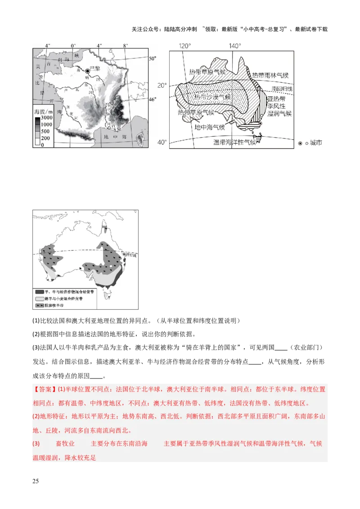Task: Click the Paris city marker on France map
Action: point(87,70)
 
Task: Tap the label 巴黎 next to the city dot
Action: point(94,68)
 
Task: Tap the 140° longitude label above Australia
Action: point(235,46)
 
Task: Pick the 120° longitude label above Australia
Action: point(185,46)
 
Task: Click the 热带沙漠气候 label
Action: point(212,97)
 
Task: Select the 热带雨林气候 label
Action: point(270,75)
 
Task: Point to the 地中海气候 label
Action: point(210,127)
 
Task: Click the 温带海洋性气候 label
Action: point(234,142)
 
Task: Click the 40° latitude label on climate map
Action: point(162,143)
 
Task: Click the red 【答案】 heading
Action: point(45,389)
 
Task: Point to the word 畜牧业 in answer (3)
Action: point(65,444)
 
